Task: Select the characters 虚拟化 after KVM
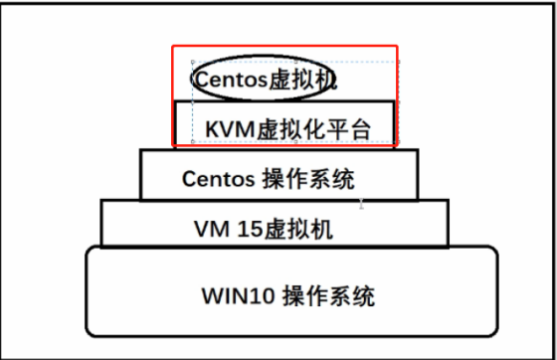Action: pyautogui.click(x=287, y=128)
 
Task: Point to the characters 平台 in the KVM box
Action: pyautogui.click(x=347, y=128)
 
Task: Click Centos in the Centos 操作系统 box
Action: pyautogui.click(x=218, y=179)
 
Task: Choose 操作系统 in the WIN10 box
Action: pyautogui.click(x=329, y=296)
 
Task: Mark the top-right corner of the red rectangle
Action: pyautogui.click(x=397, y=46)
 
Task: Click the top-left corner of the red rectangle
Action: pyautogui.click(x=173, y=46)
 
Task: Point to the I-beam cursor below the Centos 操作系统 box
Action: pyautogui.click(x=362, y=204)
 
